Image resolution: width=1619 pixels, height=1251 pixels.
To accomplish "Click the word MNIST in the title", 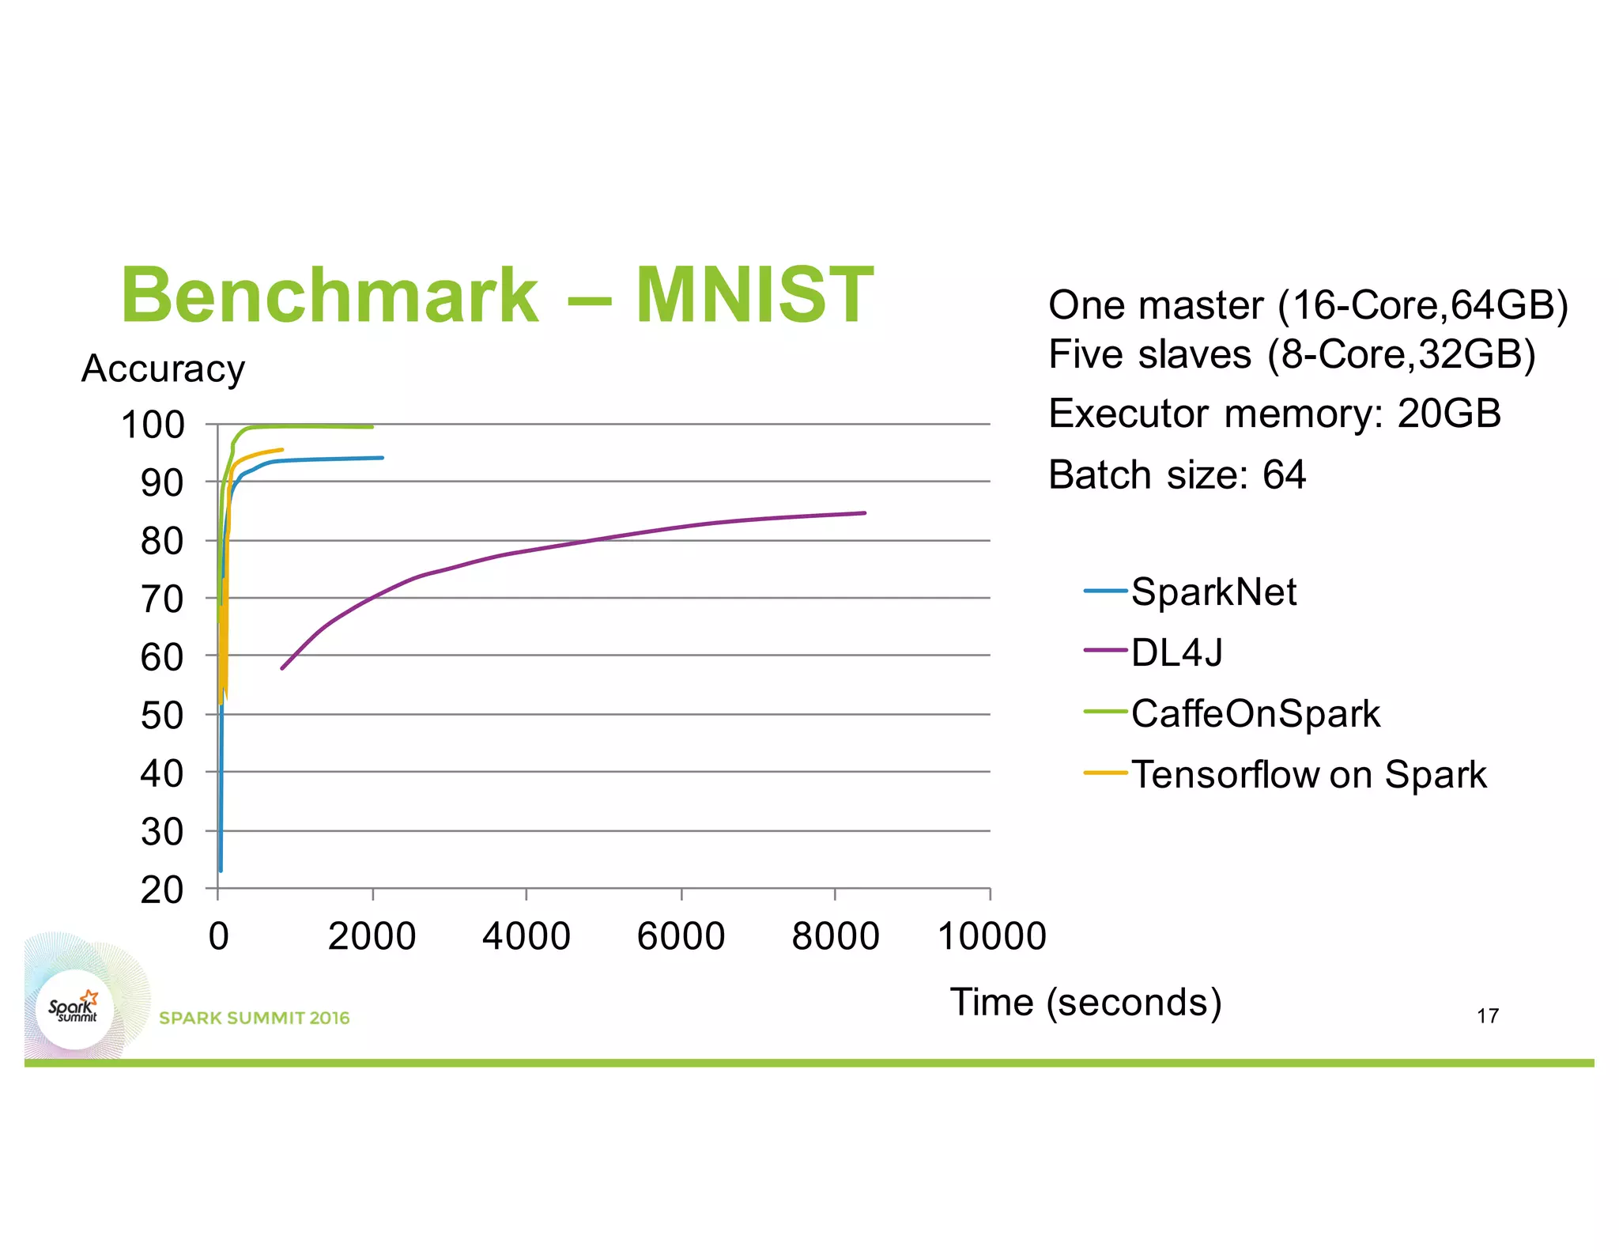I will tap(754, 296).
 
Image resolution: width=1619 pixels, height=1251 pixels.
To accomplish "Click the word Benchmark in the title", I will tap(330, 296).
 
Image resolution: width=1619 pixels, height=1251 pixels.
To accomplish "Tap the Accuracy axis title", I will tap(164, 368).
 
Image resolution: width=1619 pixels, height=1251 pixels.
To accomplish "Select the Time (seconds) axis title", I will tap(1085, 1002).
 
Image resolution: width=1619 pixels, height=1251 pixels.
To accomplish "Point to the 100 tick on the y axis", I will tap(153, 425).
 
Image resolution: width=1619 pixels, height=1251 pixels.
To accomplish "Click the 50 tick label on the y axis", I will tap(162, 716).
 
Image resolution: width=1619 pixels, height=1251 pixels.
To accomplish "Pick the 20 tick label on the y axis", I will tap(162, 890).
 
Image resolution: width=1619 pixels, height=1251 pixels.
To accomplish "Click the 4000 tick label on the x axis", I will tap(526, 936).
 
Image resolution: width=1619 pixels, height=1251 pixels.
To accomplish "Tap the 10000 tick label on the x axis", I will tap(991, 936).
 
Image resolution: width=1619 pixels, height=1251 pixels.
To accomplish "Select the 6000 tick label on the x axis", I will tap(681, 936).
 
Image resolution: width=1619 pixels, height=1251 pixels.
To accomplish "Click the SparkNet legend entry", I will tap(1213, 591).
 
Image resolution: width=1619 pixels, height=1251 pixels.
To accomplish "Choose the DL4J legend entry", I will tap(1176, 652).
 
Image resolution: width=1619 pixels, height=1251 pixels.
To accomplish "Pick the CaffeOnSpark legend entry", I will tap(1255, 713).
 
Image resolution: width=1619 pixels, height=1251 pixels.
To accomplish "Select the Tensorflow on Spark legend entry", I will tap(1308, 774).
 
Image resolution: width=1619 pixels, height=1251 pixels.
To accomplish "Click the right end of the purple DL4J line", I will tap(864, 513).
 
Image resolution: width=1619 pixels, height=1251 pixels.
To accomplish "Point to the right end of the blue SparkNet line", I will tap(382, 458).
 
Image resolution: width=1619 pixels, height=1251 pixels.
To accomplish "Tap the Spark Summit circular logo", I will tap(75, 1010).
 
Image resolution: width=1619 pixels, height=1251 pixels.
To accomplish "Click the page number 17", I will tap(1487, 1016).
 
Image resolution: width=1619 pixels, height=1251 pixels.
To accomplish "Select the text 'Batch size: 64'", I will tap(1176, 474).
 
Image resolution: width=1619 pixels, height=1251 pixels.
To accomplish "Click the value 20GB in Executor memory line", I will tap(1448, 414).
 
